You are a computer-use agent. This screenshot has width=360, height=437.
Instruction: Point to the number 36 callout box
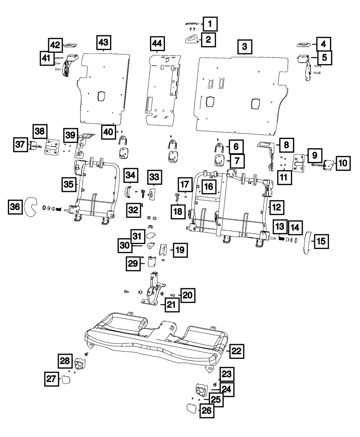15,207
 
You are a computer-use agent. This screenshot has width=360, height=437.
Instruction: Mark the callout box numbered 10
343,163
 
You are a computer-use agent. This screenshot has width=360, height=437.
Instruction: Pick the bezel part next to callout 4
305,44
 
